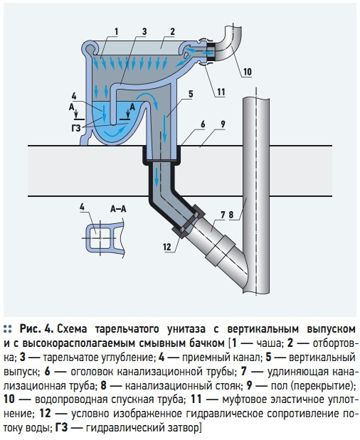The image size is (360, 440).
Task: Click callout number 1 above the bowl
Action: click(x=116, y=32)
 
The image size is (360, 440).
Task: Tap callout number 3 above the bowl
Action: click(x=144, y=31)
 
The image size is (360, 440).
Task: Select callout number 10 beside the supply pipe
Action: click(x=247, y=72)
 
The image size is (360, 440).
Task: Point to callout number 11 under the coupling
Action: click(x=221, y=92)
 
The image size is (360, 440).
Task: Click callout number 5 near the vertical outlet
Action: click(x=191, y=95)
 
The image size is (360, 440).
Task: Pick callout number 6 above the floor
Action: click(x=203, y=124)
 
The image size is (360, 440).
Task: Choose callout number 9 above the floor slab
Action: click(x=223, y=124)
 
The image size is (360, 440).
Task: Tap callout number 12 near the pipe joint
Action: click(x=166, y=247)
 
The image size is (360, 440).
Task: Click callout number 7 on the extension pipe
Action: click(x=223, y=215)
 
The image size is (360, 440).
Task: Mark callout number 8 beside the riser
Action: click(x=231, y=215)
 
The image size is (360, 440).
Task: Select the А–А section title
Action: click(x=118, y=208)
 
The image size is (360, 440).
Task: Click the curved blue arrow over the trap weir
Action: click(x=148, y=97)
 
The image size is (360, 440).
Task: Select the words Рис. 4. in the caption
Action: click(x=36, y=328)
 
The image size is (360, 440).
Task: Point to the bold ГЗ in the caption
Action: click(x=61, y=428)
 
